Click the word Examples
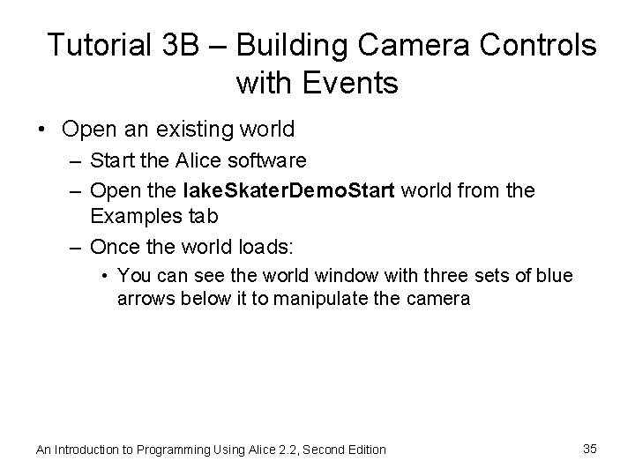pyautogui.click(x=129, y=214)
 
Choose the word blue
pyautogui.click(x=553, y=276)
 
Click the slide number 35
pyautogui.click(x=590, y=449)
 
